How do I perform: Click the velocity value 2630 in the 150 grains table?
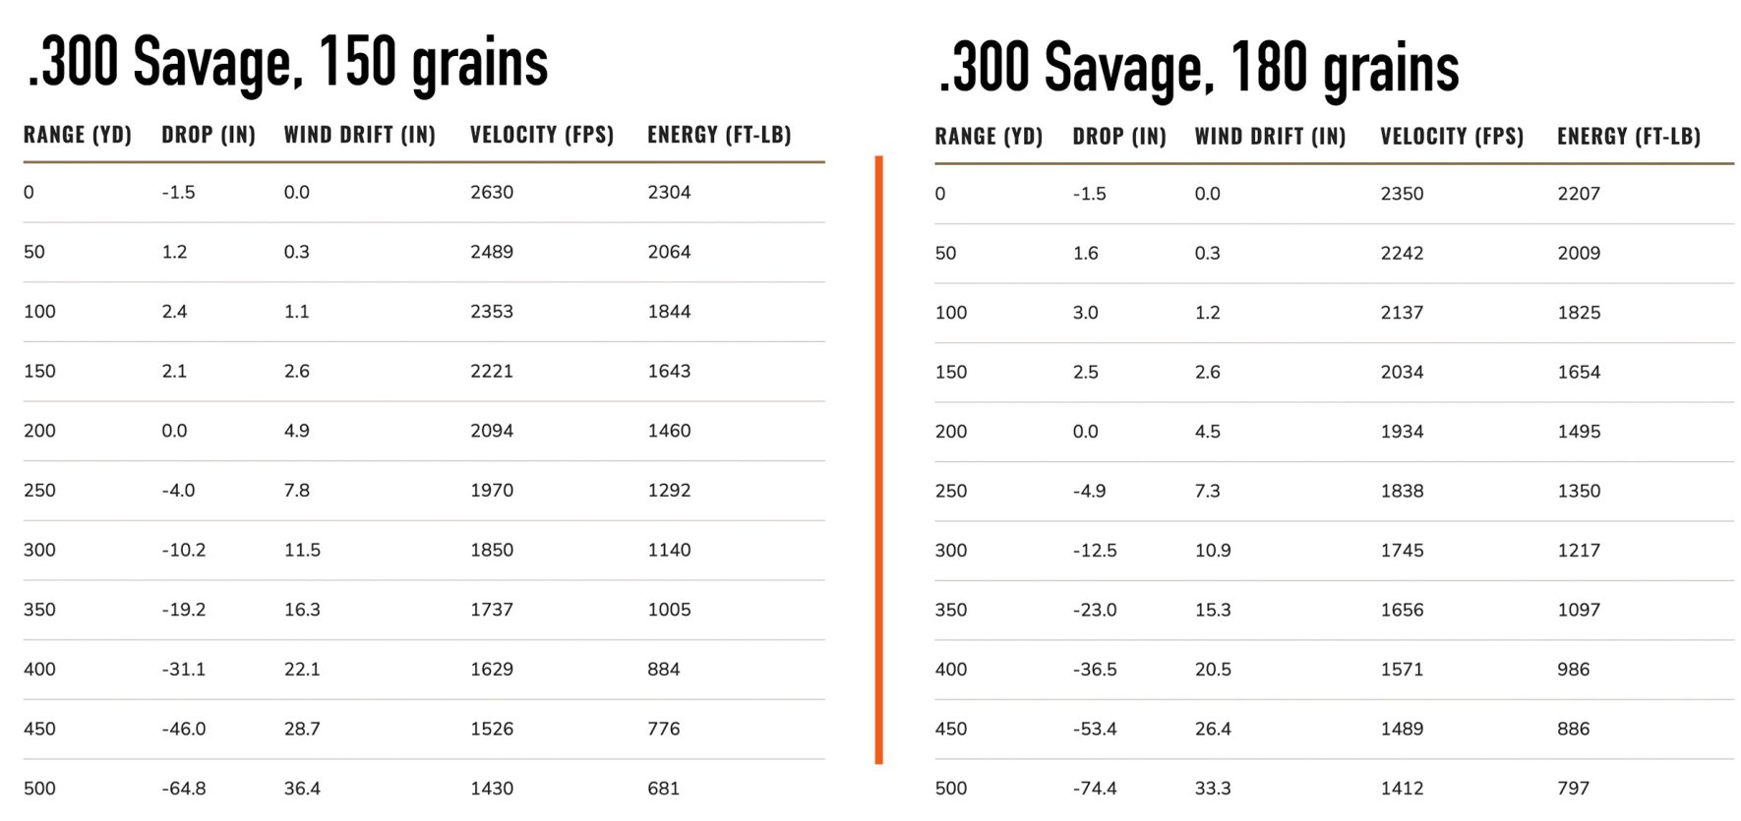click(x=491, y=193)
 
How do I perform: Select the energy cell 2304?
click(x=669, y=193)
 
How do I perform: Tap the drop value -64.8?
click(x=184, y=789)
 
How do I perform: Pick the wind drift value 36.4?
click(x=302, y=789)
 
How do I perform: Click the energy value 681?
click(x=663, y=789)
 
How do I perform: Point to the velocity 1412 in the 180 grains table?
click(x=1402, y=789)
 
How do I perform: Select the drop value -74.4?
click(x=1095, y=789)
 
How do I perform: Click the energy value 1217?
click(x=1579, y=551)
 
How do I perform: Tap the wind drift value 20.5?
click(x=1213, y=670)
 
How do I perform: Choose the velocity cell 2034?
click(x=1402, y=373)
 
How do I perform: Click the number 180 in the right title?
click(x=1269, y=68)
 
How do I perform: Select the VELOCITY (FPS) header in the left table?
click(x=541, y=135)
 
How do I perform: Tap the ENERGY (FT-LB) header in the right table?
click(x=1628, y=137)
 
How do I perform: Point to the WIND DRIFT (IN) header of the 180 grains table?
click(x=1270, y=137)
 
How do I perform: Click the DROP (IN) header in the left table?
click(x=209, y=135)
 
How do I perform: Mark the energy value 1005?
click(x=669, y=610)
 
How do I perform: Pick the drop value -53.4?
click(x=1095, y=729)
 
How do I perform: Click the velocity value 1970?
click(x=491, y=491)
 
